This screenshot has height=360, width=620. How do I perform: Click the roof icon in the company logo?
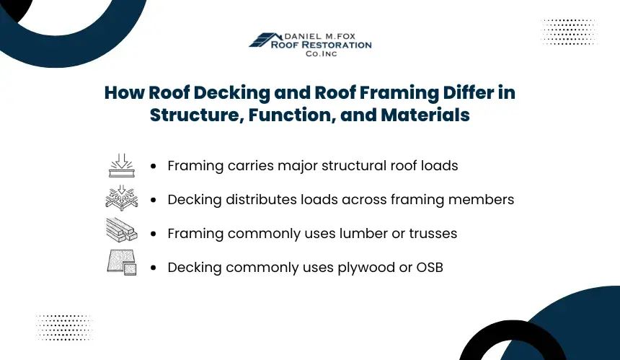point(264,40)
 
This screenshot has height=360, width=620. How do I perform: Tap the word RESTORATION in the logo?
point(337,45)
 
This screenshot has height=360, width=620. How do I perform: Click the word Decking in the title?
point(231,92)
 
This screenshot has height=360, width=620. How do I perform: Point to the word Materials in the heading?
point(425,115)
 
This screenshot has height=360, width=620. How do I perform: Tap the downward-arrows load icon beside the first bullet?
point(122,165)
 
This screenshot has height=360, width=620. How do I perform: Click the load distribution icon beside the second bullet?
point(122,198)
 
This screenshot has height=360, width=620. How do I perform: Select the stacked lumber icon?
point(122,229)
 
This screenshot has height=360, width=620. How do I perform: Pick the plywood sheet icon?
point(122,263)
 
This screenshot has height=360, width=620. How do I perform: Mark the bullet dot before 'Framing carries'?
point(154,166)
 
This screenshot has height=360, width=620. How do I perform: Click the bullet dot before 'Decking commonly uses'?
point(154,268)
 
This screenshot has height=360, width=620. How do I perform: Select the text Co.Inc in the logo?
point(321,53)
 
